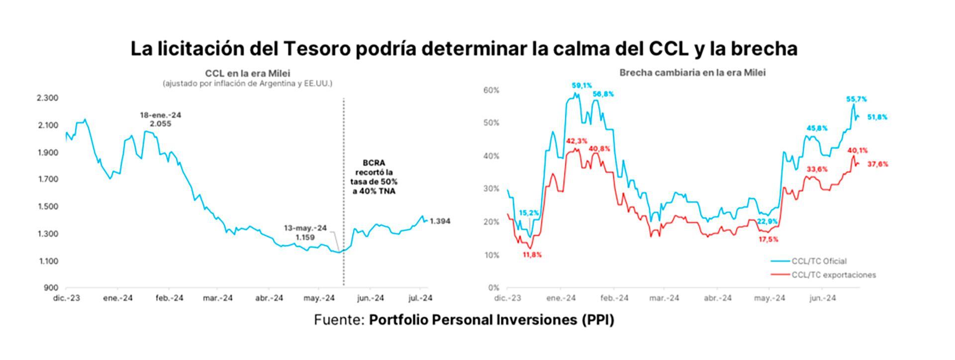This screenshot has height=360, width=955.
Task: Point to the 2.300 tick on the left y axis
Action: [x=48, y=98]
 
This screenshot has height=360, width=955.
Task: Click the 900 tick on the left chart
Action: [x=51, y=288]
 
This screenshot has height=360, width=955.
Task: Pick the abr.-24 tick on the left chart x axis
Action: [x=269, y=298]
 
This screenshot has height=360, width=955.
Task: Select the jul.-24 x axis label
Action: [x=420, y=298]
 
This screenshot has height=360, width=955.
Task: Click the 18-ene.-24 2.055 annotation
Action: [x=160, y=119]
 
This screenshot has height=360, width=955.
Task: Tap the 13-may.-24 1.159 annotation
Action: [x=305, y=233]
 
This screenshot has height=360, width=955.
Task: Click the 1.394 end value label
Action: [x=440, y=221]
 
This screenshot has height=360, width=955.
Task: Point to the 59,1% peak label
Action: [x=582, y=86]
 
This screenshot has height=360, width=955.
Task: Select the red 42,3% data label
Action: [x=576, y=141]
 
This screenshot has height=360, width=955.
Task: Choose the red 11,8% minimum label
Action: [x=532, y=255]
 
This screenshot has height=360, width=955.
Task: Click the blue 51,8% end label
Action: [x=877, y=117]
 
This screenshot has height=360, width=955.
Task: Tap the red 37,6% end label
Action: [x=878, y=164]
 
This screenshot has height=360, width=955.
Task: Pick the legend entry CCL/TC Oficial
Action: [x=819, y=261]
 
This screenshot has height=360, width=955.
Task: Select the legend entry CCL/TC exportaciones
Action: [x=834, y=275]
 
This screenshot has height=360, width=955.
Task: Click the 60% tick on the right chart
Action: [x=491, y=90]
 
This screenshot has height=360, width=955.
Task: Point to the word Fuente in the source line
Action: [x=339, y=320]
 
